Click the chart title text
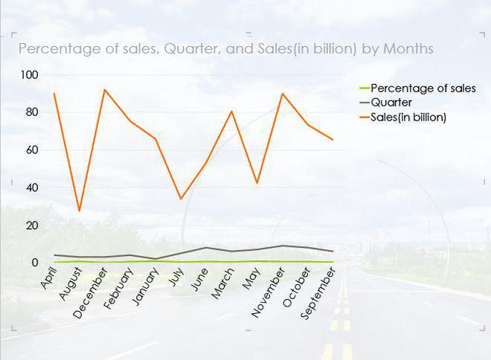click(x=225, y=49)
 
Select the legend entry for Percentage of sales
click(x=423, y=88)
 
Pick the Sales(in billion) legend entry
click(x=408, y=118)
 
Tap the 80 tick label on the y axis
click(x=32, y=113)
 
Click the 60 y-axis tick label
click(x=32, y=150)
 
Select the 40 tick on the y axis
click(x=32, y=188)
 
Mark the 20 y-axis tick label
click(x=32, y=225)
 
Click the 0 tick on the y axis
click(x=35, y=263)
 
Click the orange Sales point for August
click(x=79, y=211)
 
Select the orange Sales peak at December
click(x=104, y=89)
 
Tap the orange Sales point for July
click(x=180, y=199)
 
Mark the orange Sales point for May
click(x=257, y=183)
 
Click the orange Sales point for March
click(x=231, y=112)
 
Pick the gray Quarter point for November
click(x=282, y=245)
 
